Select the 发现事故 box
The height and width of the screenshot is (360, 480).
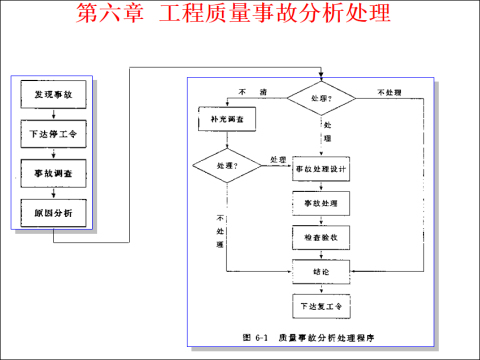pyautogui.click(x=51, y=95)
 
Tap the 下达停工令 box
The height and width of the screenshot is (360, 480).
pyautogui.click(x=51, y=133)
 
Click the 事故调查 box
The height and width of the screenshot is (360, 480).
pyautogui.click(x=51, y=172)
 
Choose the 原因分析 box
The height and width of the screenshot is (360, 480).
pyautogui.click(x=51, y=211)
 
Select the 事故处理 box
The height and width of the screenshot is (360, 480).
pyautogui.click(x=320, y=204)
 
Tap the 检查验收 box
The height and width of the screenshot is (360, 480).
pyautogui.click(x=320, y=237)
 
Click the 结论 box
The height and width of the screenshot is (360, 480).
pyautogui.click(x=320, y=270)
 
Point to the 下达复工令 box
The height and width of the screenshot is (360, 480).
pyautogui.click(x=320, y=305)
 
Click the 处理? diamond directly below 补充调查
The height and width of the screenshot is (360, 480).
pyautogui.click(x=221, y=164)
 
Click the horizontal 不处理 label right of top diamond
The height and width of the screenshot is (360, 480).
pyautogui.click(x=389, y=91)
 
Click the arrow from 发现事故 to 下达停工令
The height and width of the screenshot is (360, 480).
pyautogui.click(x=51, y=114)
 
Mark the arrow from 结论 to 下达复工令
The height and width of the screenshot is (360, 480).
pyautogui.click(x=320, y=287)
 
